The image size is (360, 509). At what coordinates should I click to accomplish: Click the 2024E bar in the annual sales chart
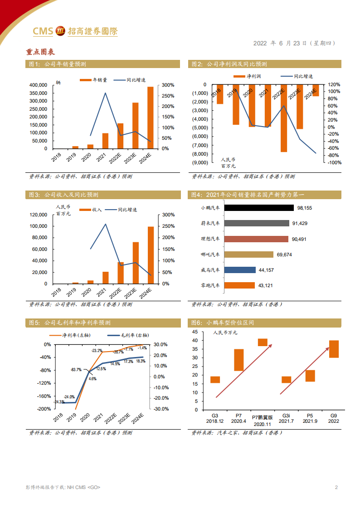tap(150, 117)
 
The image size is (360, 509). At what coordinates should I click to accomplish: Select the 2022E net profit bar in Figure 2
tap(283, 118)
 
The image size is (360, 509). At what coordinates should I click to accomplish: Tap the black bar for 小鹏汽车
tap(259, 208)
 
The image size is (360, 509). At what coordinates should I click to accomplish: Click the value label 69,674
tap(285, 254)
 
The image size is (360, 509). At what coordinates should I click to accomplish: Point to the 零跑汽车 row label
tap(210, 285)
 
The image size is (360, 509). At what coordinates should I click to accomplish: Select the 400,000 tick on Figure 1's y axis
tap(38, 85)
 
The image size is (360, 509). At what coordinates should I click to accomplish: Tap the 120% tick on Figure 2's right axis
tap(334, 85)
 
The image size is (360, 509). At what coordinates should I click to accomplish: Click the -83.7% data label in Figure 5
tap(76, 370)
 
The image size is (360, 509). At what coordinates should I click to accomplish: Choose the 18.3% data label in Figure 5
tap(141, 361)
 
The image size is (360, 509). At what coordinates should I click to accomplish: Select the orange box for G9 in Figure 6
tap(334, 349)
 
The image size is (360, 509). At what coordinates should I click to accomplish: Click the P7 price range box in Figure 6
tap(238, 360)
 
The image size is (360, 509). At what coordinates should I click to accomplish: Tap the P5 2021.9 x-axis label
tap(310, 418)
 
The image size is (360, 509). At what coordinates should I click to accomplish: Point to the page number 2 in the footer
tap(336, 488)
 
